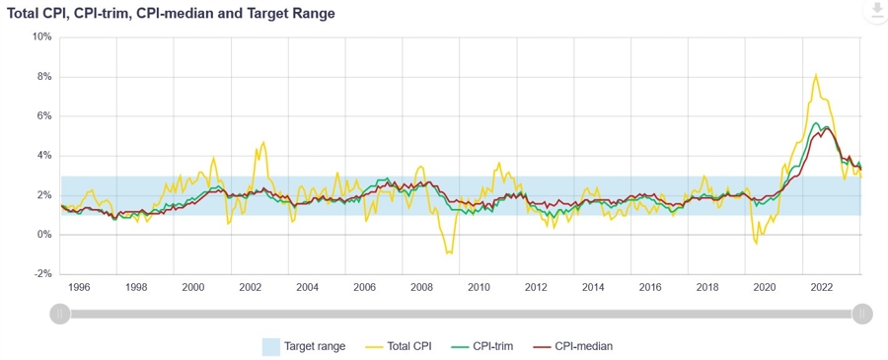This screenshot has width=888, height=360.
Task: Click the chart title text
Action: click(x=171, y=14)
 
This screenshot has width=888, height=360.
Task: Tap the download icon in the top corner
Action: click(x=874, y=11)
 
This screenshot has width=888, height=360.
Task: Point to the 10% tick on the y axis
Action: click(x=41, y=37)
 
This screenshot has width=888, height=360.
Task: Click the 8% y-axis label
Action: click(x=43, y=77)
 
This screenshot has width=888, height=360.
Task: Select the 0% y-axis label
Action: click(x=43, y=235)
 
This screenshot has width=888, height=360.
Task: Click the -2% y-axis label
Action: click(x=42, y=274)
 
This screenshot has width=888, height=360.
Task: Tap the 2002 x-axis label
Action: click(x=250, y=287)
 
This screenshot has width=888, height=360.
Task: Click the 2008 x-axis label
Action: click(x=421, y=287)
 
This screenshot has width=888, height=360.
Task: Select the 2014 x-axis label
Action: click(x=593, y=287)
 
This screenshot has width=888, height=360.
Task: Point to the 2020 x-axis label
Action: click(x=765, y=287)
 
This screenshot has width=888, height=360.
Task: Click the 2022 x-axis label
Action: click(x=822, y=287)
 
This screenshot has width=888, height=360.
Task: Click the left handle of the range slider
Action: click(x=59, y=314)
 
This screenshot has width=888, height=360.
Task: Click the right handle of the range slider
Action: click(x=862, y=314)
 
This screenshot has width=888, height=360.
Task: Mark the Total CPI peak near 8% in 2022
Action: click(x=816, y=75)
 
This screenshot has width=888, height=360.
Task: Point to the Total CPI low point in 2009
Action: click(x=449, y=253)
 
